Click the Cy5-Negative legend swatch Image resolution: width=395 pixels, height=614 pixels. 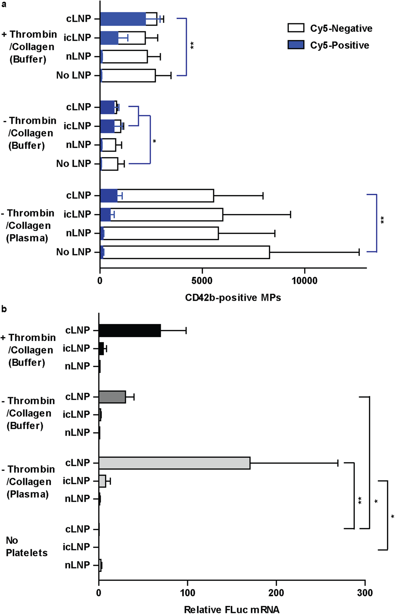(296, 28)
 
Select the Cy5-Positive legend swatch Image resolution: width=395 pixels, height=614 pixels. (296, 45)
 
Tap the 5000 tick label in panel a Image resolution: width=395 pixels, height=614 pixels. (202, 281)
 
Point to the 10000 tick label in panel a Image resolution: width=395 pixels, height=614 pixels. (304, 281)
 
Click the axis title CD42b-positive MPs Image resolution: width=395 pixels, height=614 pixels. (233, 298)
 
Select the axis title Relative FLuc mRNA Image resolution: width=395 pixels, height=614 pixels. (232, 610)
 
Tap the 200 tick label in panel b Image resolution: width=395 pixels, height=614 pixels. (276, 593)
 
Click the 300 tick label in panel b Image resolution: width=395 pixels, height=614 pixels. (365, 593)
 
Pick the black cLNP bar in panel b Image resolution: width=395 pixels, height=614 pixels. (130, 330)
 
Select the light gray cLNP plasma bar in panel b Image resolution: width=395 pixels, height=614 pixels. (174, 463)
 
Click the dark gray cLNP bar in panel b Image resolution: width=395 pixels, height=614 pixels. (112, 397)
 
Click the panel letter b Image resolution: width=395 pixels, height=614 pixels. (4, 309)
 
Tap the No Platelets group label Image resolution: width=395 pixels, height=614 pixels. (26, 546)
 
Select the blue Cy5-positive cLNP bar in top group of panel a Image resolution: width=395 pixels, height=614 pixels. (123, 19)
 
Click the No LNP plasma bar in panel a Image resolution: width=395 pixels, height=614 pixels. (186, 252)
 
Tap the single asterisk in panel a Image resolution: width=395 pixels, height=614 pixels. (154, 141)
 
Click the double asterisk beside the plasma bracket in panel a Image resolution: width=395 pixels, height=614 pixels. (382, 220)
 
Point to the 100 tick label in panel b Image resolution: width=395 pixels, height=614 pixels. (188, 593)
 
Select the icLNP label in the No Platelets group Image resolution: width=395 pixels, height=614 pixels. (76, 547)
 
